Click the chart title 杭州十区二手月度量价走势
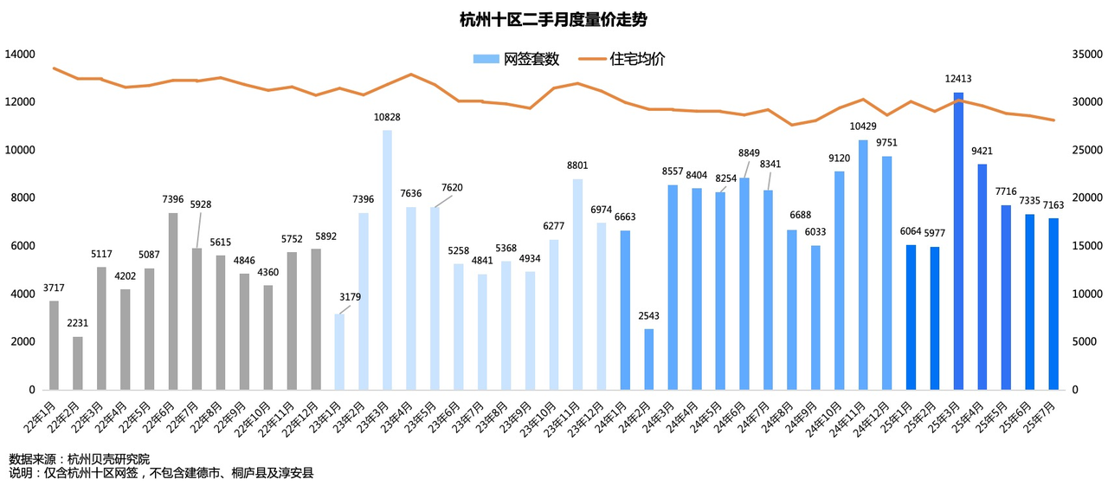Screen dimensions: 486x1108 (553, 20)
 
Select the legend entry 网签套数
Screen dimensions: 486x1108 (528, 59)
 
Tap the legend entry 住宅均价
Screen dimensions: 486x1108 (637, 59)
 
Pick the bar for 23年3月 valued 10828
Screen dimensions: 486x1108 (387, 260)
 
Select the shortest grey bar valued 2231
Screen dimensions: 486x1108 (78, 363)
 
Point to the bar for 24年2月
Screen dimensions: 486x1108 (648, 360)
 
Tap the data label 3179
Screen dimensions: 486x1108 (351, 298)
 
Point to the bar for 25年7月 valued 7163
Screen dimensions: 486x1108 (1053, 304)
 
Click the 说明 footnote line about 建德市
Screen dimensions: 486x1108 (161, 473)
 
